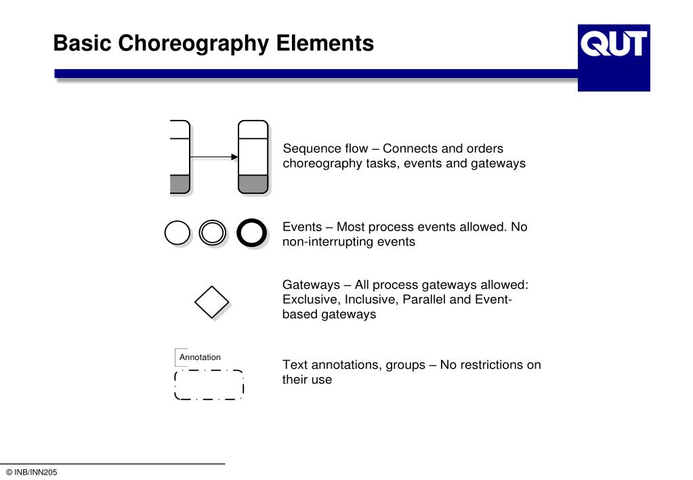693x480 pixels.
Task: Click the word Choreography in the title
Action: point(196,43)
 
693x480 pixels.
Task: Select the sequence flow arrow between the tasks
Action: point(214,157)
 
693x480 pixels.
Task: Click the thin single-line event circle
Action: point(177,233)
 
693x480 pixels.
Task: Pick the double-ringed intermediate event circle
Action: point(212,233)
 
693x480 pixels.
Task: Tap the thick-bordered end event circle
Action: point(252,233)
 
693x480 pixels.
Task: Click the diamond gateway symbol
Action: point(212,301)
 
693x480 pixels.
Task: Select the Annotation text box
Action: point(199,357)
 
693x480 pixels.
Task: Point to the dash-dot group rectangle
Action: point(209,385)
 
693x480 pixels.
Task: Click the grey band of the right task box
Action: point(253,184)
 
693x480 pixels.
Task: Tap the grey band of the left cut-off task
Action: point(180,184)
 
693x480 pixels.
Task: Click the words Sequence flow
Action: point(325,148)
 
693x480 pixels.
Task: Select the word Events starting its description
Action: point(301,226)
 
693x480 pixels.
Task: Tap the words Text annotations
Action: point(332,365)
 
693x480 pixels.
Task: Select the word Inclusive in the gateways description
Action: point(368,300)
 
